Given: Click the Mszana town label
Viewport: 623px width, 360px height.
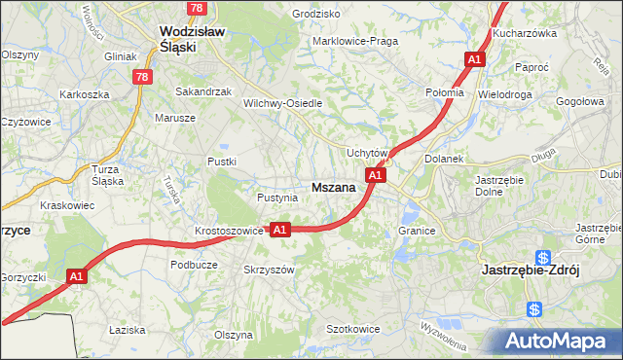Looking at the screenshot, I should pos(333,188).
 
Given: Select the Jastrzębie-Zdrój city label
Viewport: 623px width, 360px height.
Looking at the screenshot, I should pos(531,271).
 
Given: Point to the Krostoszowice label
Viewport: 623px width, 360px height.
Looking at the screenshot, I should pos(229,231).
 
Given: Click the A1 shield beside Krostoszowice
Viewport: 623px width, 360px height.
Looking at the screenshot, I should pos(279,230).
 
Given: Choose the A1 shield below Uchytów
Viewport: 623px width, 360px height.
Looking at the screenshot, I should pos(376,175).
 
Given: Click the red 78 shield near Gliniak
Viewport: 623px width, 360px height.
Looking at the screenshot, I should pos(143,77).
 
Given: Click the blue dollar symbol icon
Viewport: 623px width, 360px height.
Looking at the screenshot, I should pos(534,309).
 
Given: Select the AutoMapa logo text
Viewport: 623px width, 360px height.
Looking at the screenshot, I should pos(556,342).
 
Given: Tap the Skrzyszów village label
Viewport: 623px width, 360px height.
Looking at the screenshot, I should pos(269,270).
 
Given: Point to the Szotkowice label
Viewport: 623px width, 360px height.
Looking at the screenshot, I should pos(352,330).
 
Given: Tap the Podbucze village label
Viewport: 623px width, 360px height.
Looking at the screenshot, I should pos(193,264).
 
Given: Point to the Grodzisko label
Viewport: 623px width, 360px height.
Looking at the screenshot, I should pos(315,15).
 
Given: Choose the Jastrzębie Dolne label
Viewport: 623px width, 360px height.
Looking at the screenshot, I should pos(499,185).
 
